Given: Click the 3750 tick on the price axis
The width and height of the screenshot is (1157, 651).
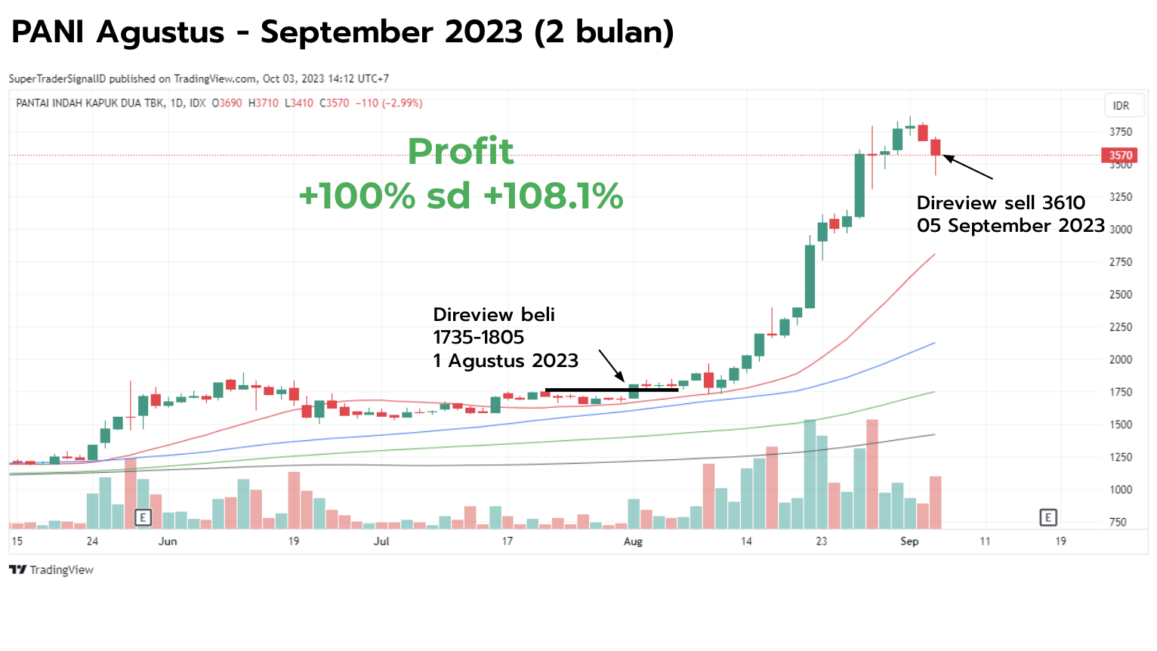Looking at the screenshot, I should tap(1120, 132).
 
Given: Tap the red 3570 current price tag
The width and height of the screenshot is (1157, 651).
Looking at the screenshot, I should tap(1120, 156).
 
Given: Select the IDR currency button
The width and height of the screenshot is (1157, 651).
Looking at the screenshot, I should tap(1121, 106).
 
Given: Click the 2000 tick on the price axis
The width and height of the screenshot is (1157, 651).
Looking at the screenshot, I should tap(1120, 359).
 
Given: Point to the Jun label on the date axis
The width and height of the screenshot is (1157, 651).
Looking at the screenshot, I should tap(168, 541).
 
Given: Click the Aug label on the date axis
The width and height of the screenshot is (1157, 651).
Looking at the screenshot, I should tap(633, 541).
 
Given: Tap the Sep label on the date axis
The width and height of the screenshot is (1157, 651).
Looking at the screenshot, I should tap(909, 541).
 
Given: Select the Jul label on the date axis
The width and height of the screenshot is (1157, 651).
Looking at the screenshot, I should tap(381, 541).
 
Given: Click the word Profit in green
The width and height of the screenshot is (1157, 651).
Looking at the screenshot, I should tap(461, 151).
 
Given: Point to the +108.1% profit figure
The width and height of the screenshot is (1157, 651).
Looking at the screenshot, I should tap(554, 196).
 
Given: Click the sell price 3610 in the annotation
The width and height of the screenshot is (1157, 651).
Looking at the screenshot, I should tap(1063, 202).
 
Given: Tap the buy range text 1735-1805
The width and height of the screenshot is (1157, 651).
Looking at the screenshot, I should tap(478, 337).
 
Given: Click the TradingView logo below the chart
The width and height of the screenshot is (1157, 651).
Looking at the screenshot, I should tap(51, 570).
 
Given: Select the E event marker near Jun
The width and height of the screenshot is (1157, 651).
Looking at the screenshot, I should tap(143, 517).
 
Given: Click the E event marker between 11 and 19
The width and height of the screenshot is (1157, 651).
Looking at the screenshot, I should tap(1047, 517).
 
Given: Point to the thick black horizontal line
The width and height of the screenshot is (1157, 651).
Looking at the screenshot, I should tap(612, 390).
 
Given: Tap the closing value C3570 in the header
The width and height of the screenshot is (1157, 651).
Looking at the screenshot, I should tap(334, 103).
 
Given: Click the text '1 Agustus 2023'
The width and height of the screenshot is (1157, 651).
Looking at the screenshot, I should tap(505, 360).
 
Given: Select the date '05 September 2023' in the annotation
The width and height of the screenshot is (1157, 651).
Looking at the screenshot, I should tap(1010, 226).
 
